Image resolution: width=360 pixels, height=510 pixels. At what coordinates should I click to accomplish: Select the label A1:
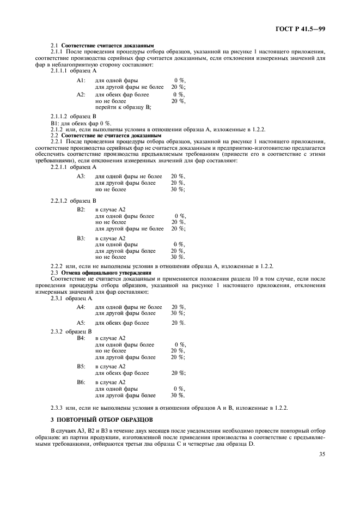coord(81,80)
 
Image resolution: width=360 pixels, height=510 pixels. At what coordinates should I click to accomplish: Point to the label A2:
coord(81,95)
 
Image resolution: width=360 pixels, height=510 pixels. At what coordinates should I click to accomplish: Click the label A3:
coord(81,177)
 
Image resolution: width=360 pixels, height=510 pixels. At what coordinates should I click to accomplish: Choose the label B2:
coord(81,209)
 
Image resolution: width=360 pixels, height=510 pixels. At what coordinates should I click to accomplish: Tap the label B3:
coord(81,238)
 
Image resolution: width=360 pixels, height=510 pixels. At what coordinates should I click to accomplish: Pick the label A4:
coord(81,307)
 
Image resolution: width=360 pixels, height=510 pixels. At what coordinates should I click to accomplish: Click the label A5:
coord(81,323)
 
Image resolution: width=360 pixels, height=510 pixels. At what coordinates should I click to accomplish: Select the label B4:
coord(81,338)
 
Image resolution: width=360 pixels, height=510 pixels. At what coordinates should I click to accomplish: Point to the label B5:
coord(81,367)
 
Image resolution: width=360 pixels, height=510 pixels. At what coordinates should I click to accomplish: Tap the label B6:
coord(81,382)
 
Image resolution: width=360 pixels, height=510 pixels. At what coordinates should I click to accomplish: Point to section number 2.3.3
coord(57,408)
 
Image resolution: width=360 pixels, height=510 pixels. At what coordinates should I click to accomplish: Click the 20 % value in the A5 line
coord(178,323)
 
